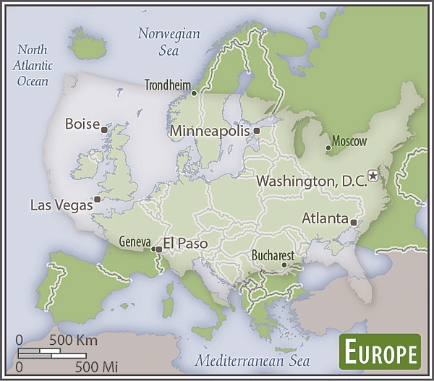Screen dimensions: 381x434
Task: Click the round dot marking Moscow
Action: tap(328, 147)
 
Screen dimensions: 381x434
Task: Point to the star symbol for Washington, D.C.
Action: tap(373, 175)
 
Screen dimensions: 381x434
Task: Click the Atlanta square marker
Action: tap(354, 222)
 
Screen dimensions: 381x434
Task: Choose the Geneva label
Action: tap(135, 241)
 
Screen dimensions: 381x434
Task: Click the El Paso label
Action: tap(185, 244)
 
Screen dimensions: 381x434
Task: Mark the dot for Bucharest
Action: tap(285, 265)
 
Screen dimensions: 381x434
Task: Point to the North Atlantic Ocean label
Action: tap(33, 65)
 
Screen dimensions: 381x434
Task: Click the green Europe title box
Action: tap(380, 354)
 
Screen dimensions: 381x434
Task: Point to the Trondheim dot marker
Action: tap(194, 93)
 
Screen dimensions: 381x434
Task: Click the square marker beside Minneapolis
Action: tap(257, 131)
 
